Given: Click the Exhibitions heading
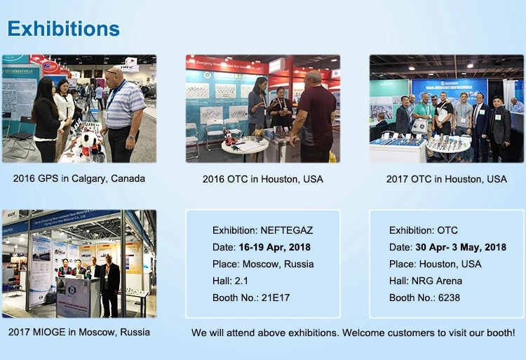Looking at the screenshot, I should [x=64, y=29].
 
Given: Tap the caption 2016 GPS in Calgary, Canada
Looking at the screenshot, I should [x=79, y=178].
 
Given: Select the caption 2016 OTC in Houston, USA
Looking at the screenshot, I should [x=263, y=179].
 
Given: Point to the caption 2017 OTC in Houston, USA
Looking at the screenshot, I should [x=447, y=179].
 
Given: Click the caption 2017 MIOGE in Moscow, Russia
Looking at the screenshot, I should [x=79, y=331].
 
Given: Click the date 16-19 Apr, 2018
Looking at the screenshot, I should [x=274, y=247].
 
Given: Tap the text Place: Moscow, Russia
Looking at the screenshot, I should [x=263, y=264].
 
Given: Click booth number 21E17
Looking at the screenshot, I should [x=276, y=298].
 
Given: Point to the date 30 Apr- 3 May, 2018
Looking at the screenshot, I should [x=460, y=247].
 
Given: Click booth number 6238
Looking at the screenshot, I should [x=451, y=298].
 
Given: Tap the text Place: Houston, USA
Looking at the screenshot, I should [x=436, y=264].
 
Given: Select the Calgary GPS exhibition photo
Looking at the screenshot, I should [x=79, y=109].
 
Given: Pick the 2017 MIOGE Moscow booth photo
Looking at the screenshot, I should [x=79, y=263].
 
